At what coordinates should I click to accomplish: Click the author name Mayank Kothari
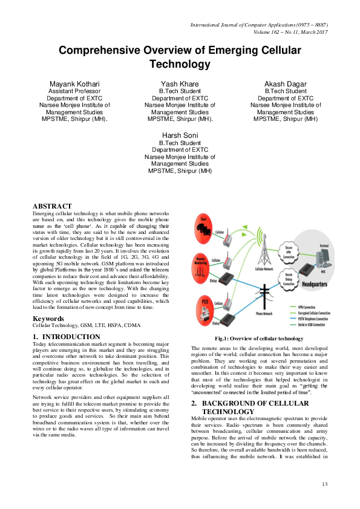click(74, 83)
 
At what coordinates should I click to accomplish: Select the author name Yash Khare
click(180, 83)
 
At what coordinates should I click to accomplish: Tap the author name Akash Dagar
click(285, 83)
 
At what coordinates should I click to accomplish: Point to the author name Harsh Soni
click(180, 134)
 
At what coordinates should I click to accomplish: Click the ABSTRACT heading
click(52, 206)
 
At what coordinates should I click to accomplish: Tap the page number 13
click(324, 484)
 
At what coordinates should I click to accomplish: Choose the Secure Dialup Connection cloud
click(289, 279)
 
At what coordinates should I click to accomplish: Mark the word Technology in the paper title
click(180, 64)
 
